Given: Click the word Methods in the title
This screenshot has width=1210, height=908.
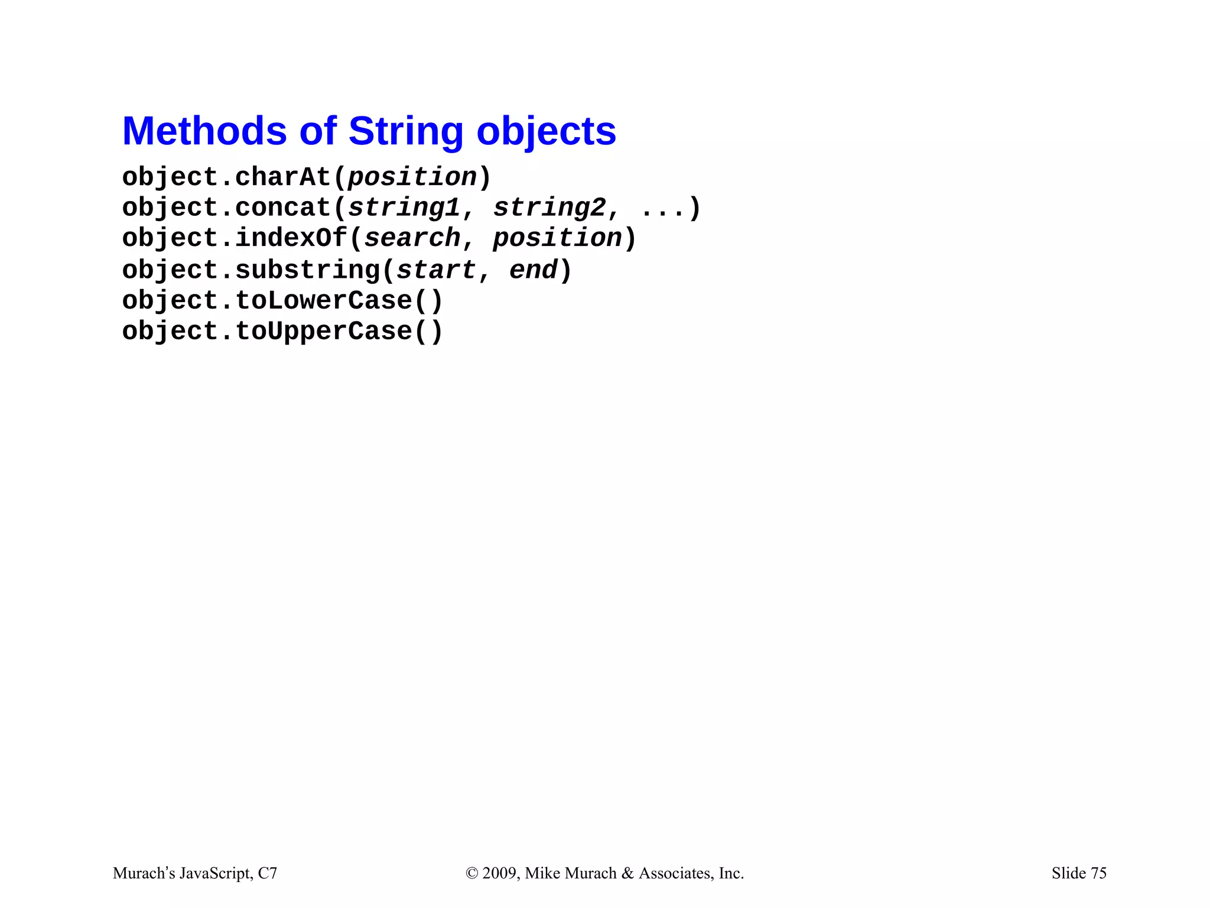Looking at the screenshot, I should click(204, 131).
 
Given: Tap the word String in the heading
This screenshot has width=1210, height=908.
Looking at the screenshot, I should click(406, 131).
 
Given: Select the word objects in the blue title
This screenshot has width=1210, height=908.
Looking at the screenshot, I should click(546, 131).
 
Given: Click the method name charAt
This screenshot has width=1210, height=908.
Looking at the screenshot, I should click(283, 177).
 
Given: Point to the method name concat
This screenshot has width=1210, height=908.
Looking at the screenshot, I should click(283, 208).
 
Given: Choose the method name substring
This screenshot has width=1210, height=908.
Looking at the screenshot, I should click(307, 270).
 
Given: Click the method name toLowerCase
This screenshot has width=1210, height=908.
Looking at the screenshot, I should click(323, 301).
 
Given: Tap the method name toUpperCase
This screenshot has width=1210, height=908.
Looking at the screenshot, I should click(323, 332).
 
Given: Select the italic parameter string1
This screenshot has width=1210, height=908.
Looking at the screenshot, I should click(404, 208).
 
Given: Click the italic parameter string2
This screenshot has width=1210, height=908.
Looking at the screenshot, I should click(549, 208).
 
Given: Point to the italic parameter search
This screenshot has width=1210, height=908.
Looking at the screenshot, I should click(412, 238).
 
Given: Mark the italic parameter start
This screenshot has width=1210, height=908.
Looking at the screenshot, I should click(436, 270).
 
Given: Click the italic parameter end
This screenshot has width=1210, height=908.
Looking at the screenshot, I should click(533, 270).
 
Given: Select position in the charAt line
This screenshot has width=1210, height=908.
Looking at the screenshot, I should click(412, 177).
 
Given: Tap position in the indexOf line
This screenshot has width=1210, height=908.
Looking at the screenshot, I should click(557, 238).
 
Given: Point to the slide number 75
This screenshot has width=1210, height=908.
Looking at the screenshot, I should click(1098, 873).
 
